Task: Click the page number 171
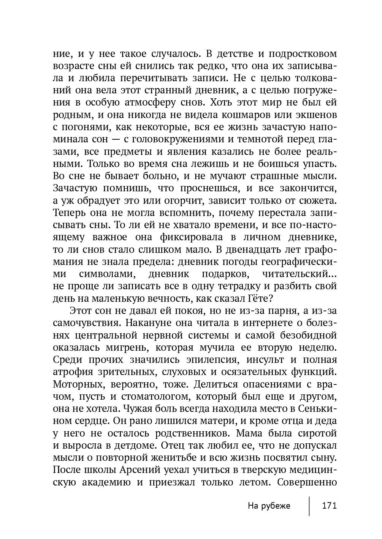329,506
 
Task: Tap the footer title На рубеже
269,506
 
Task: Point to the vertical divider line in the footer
309,506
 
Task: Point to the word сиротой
318,433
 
